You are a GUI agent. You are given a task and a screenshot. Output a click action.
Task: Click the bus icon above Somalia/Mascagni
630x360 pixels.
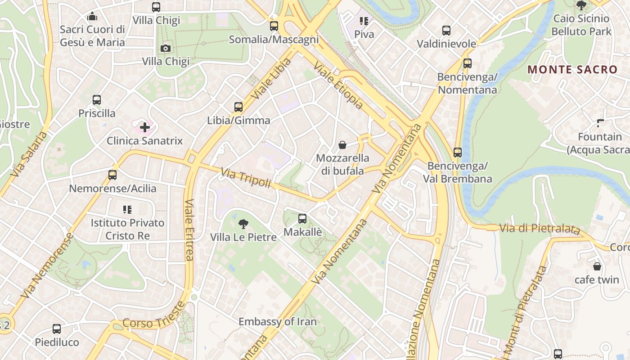(x=274, y=26)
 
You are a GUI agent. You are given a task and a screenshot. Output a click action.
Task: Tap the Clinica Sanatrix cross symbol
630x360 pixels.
(x=145, y=127)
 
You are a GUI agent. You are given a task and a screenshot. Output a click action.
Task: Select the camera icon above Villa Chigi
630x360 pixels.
(x=166, y=48)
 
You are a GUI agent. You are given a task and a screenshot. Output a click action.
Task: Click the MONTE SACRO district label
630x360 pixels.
(x=572, y=70)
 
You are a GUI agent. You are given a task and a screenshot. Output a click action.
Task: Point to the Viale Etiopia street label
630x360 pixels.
(x=338, y=86)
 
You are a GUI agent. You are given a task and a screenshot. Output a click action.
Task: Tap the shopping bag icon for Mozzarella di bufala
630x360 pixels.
(x=342, y=145)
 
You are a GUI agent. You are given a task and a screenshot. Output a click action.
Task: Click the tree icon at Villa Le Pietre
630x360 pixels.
(x=243, y=223)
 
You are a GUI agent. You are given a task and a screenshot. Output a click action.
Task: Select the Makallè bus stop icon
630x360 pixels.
(x=302, y=219)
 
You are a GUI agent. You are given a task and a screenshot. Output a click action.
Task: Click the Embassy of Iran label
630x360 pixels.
(x=278, y=322)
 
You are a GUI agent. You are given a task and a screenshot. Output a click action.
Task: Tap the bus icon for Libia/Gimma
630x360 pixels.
(x=238, y=107)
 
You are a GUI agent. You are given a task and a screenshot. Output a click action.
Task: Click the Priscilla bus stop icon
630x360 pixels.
(x=97, y=100)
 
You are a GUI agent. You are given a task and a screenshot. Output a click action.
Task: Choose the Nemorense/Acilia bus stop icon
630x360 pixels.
(x=112, y=175)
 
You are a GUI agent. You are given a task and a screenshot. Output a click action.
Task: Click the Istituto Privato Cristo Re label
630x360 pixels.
(x=127, y=229)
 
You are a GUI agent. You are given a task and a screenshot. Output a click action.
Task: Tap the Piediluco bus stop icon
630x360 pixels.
(x=57, y=329)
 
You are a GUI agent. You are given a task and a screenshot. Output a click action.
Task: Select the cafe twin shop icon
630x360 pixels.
(x=597, y=266)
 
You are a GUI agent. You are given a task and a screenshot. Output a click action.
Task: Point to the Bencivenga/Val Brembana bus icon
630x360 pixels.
(x=458, y=153)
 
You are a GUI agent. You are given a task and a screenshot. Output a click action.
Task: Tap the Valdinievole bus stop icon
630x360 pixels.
(x=446, y=31)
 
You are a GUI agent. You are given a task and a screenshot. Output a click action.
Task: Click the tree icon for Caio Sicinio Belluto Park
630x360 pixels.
(x=581, y=5)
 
